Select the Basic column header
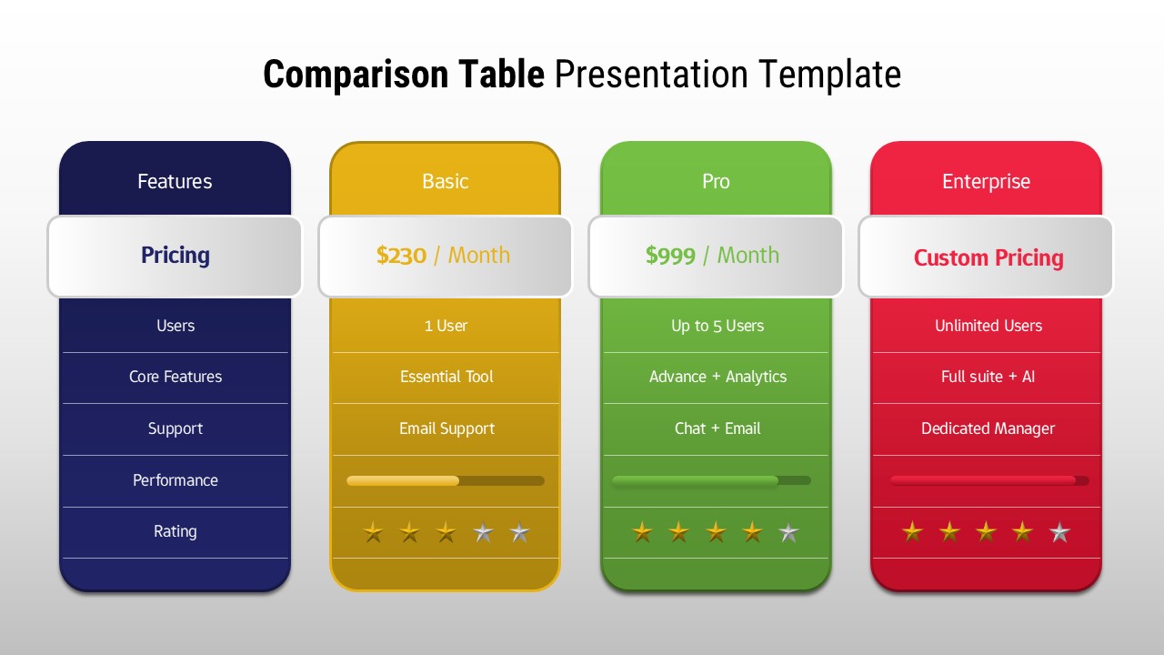click(x=445, y=181)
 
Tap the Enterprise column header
click(x=986, y=181)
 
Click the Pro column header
click(x=716, y=181)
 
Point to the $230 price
click(x=401, y=256)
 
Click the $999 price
click(x=670, y=256)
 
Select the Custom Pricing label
click(x=988, y=257)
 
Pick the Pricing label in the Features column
click(x=176, y=256)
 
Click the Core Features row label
click(x=176, y=377)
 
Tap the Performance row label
click(x=176, y=480)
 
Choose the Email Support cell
click(x=447, y=428)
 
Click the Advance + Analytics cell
click(x=717, y=377)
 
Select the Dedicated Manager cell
click(x=988, y=428)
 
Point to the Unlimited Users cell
click(x=988, y=326)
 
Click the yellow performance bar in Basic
click(x=403, y=480)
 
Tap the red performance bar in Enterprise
click(x=983, y=480)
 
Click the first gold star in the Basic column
click(x=373, y=532)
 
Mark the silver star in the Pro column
click(x=789, y=532)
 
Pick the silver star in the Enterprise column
click(x=1059, y=532)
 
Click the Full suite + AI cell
click(x=988, y=377)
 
